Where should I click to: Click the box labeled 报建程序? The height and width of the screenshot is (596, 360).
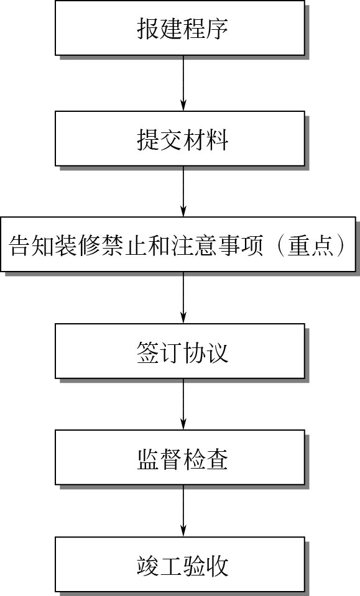[x=180, y=28]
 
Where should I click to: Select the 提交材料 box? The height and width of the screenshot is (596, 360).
[x=180, y=139]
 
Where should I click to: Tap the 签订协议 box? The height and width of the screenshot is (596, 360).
[x=180, y=351]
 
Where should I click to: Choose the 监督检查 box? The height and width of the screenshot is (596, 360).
[x=180, y=457]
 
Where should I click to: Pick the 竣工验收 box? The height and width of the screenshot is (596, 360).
[x=180, y=564]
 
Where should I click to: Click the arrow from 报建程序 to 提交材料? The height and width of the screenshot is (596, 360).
[x=183, y=83]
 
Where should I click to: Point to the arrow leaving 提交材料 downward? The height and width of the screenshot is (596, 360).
[x=183, y=191]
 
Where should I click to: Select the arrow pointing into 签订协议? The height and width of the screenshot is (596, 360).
[x=183, y=298]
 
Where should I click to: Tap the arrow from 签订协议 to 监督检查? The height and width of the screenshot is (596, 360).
[x=183, y=404]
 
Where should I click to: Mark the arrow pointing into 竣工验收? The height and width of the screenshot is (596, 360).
[x=183, y=511]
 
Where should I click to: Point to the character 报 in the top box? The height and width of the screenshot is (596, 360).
[x=148, y=29]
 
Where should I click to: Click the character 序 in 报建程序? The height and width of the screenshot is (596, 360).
[x=217, y=29]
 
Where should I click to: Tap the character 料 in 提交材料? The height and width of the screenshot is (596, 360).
[x=217, y=139]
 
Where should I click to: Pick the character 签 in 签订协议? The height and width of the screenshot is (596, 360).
[x=148, y=352]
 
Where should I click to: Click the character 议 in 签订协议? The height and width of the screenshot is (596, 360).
[x=217, y=352]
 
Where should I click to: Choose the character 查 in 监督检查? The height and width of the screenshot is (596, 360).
[x=217, y=459]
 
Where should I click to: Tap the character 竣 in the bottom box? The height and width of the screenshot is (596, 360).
[x=148, y=565]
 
